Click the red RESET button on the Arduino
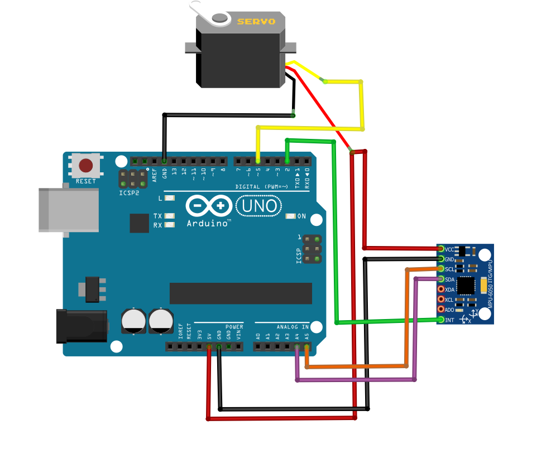click(x=85, y=166)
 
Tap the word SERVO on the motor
click(x=256, y=22)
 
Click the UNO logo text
click(x=258, y=206)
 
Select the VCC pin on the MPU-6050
click(x=441, y=249)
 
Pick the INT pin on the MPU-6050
click(x=441, y=320)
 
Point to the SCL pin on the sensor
click(x=441, y=269)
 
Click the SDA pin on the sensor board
click(x=441, y=279)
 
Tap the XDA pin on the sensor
click(x=441, y=289)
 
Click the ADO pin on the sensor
click(x=441, y=310)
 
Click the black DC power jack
click(x=82, y=326)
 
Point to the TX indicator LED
click(x=170, y=216)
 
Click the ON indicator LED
click(x=290, y=216)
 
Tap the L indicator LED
click(x=170, y=198)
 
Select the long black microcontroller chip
click(x=241, y=293)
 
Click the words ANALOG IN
click(x=292, y=326)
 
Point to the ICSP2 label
click(x=129, y=194)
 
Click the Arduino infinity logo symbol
click(x=208, y=206)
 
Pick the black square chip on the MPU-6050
click(x=465, y=286)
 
